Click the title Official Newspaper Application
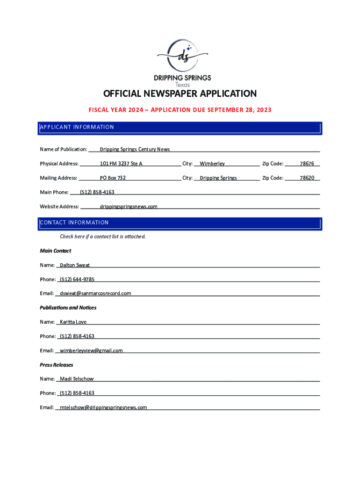pos(180,94)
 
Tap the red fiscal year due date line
pos(180,110)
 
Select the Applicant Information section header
pos(77,127)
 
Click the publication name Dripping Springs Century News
pos(135,149)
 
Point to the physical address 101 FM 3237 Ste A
pos(121,164)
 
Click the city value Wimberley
pos(212,164)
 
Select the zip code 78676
pos(307,164)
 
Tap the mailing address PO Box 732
pos(113,178)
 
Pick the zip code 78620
pos(307,178)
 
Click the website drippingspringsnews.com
pos(129,206)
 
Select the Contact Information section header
pos(74,223)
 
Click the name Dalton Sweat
pos(75,265)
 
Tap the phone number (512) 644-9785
pos(77,279)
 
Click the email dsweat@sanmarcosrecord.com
pos(95,293)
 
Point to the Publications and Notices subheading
pos(68,308)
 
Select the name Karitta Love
pos(73,322)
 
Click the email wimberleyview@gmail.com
pos(91,350)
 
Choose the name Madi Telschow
pos(77,379)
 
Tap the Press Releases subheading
pos(57,365)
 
